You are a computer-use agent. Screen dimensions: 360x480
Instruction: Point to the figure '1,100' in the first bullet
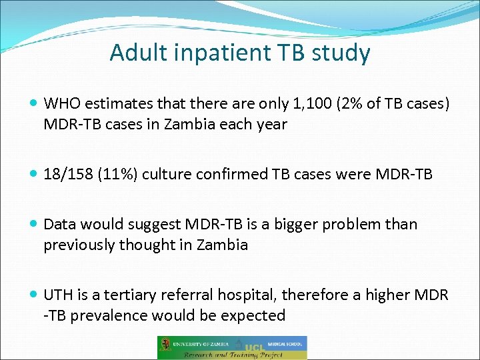(313, 103)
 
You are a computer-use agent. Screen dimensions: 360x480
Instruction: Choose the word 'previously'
(79, 245)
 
